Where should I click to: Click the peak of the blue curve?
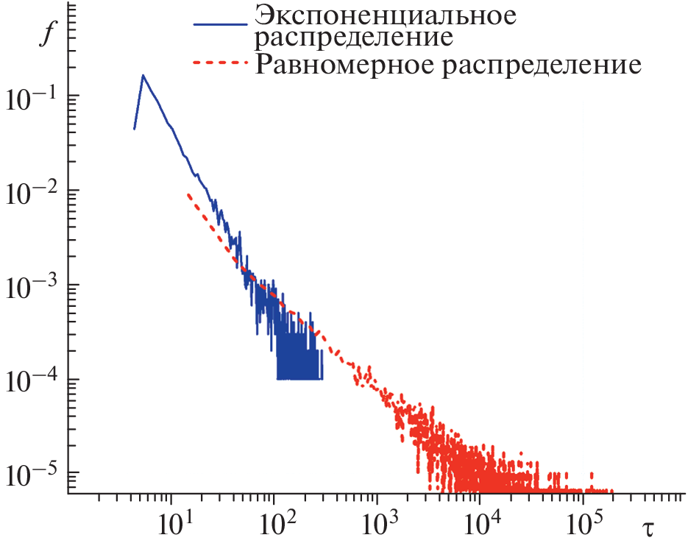(143, 75)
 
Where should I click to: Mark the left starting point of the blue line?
(134, 129)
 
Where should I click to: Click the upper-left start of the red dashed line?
(188, 194)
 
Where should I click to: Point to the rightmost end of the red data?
(611, 491)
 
